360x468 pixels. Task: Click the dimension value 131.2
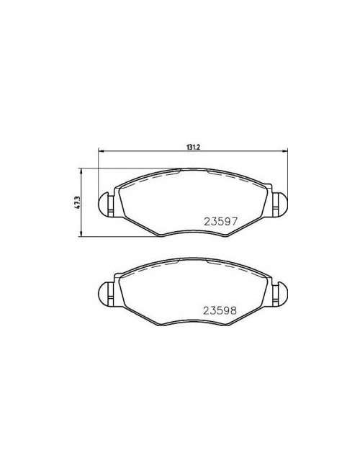[x=193, y=147]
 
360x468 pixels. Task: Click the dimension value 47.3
[x=77, y=202]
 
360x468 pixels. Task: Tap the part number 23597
[x=221, y=221]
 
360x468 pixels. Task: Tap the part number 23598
[x=220, y=311]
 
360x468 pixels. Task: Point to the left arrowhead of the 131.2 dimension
[x=100, y=151]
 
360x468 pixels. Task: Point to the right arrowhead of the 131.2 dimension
[x=285, y=151]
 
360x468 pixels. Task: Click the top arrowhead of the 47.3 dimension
[x=81, y=171]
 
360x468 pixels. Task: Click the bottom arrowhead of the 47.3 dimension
[x=81, y=234]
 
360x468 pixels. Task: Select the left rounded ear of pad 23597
[x=103, y=204]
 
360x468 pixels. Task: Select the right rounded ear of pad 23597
[x=282, y=204]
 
